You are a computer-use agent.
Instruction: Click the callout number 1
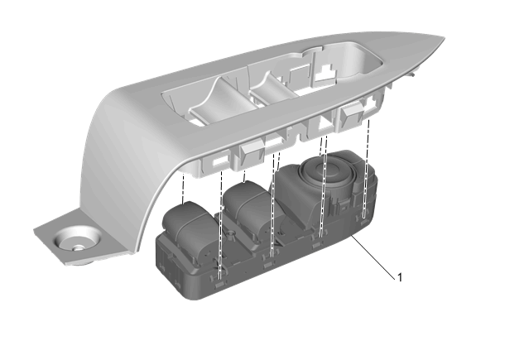[x=400, y=277]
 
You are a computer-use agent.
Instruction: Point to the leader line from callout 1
[x=373, y=257]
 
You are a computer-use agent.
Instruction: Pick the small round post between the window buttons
[x=231, y=234]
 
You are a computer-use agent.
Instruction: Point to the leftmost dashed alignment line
[x=183, y=188]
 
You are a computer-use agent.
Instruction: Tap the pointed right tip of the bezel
[x=443, y=38]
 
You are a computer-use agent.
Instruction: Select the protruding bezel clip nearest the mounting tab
[x=252, y=152]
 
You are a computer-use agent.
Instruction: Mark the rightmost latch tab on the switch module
[x=364, y=222]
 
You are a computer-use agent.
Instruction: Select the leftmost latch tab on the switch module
[x=219, y=285]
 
